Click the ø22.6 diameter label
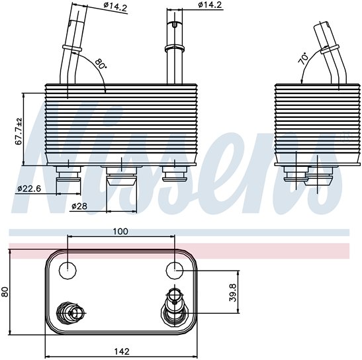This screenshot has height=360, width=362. point(30,189)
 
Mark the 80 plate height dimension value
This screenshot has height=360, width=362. point(6,292)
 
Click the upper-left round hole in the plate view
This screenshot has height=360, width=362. point(68,269)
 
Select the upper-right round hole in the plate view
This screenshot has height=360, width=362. point(174,269)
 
